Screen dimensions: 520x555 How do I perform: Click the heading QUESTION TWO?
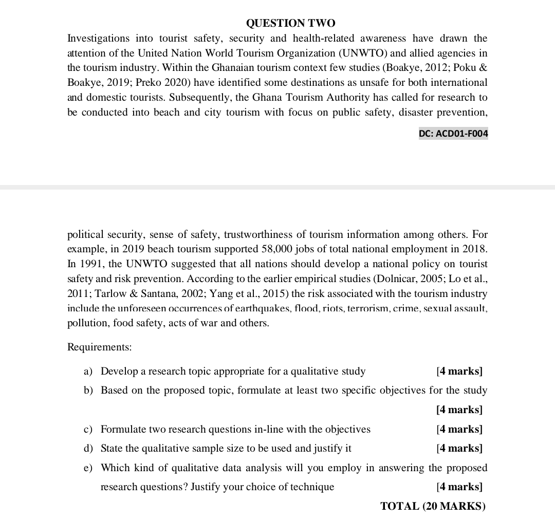click(x=290, y=23)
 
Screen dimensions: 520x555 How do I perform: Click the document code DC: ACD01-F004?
click(x=453, y=134)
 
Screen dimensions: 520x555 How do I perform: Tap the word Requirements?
click(x=100, y=347)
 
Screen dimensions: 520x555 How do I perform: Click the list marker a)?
click(x=88, y=371)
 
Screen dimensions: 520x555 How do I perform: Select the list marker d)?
click(x=88, y=448)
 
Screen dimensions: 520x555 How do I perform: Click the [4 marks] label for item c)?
click(x=459, y=429)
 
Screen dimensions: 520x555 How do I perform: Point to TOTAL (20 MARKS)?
click(x=433, y=506)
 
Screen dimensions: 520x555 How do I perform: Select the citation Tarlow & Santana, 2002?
click(x=145, y=294)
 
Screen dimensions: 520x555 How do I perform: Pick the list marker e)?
click(x=88, y=468)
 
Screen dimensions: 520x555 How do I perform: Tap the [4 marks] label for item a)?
click(x=459, y=371)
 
